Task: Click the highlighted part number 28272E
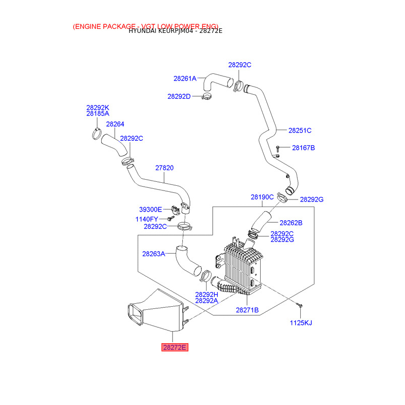(x=175, y=347)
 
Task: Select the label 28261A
(x=185, y=78)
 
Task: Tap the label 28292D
(x=179, y=96)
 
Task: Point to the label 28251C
(x=300, y=130)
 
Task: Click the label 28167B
(x=303, y=148)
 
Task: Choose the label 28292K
(x=98, y=107)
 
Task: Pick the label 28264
(x=115, y=124)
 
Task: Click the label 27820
(x=164, y=168)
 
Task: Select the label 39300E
(x=150, y=209)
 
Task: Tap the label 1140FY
(x=147, y=219)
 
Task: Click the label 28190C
(x=262, y=197)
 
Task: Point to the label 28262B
(x=291, y=222)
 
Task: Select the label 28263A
(x=153, y=254)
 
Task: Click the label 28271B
(x=247, y=310)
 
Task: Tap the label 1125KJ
(x=301, y=322)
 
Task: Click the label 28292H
(x=207, y=294)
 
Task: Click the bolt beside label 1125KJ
(x=299, y=306)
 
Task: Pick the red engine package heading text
(x=146, y=26)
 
